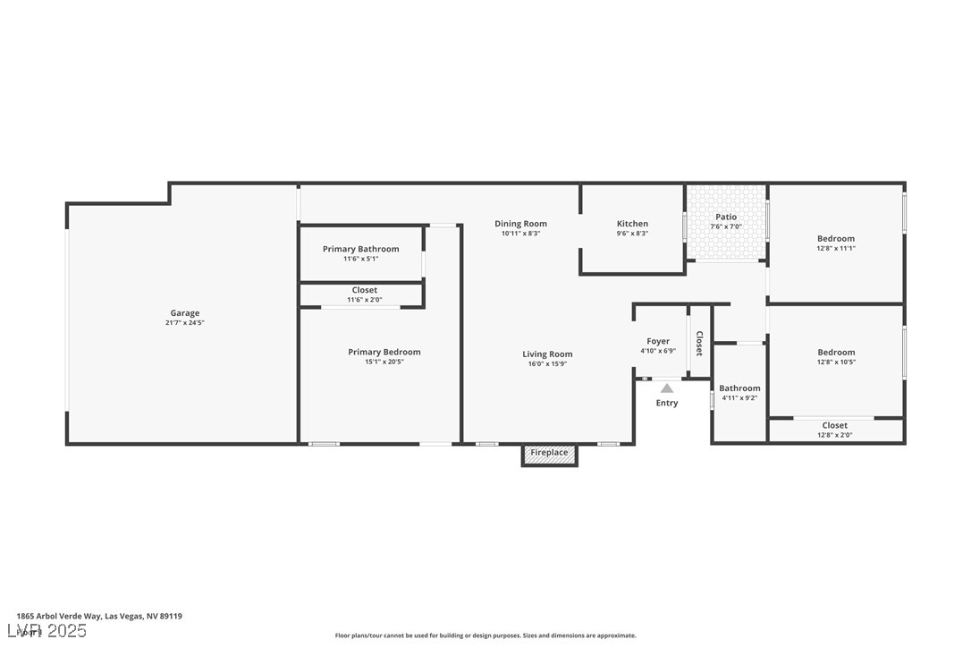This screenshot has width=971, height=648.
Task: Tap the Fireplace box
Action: tap(549, 453)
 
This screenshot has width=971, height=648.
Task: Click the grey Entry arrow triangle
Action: tap(667, 388)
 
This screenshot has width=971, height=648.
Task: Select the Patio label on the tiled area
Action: tap(726, 217)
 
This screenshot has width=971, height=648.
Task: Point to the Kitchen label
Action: tap(632, 224)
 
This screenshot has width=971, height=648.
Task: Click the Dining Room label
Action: tap(520, 224)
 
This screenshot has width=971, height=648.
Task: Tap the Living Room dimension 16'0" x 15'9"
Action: tap(547, 364)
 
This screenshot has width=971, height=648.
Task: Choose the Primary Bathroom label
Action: tap(360, 249)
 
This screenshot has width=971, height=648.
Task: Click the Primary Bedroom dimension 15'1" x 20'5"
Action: tap(384, 362)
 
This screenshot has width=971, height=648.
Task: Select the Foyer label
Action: tap(658, 341)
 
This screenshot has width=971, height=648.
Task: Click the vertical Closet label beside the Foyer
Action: tap(699, 344)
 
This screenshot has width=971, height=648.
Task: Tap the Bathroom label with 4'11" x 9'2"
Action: tap(739, 388)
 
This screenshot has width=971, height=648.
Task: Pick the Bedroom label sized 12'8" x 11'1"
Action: tap(836, 239)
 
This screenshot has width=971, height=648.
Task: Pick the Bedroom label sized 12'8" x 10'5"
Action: tap(836, 353)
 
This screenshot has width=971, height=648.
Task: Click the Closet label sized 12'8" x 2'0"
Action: tap(834, 425)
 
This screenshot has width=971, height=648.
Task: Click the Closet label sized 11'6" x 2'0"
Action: tap(364, 290)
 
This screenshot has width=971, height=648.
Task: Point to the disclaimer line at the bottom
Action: tap(485, 635)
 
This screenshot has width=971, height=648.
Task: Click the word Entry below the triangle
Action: tap(667, 403)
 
